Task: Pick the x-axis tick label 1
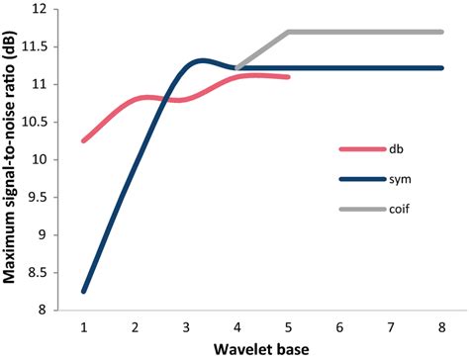coord(83,325)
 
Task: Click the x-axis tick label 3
coord(185,325)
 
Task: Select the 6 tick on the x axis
coord(338,325)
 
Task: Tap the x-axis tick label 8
coord(440,325)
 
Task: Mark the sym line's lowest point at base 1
coord(83,291)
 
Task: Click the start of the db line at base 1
coord(83,140)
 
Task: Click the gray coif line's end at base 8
coord(440,32)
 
